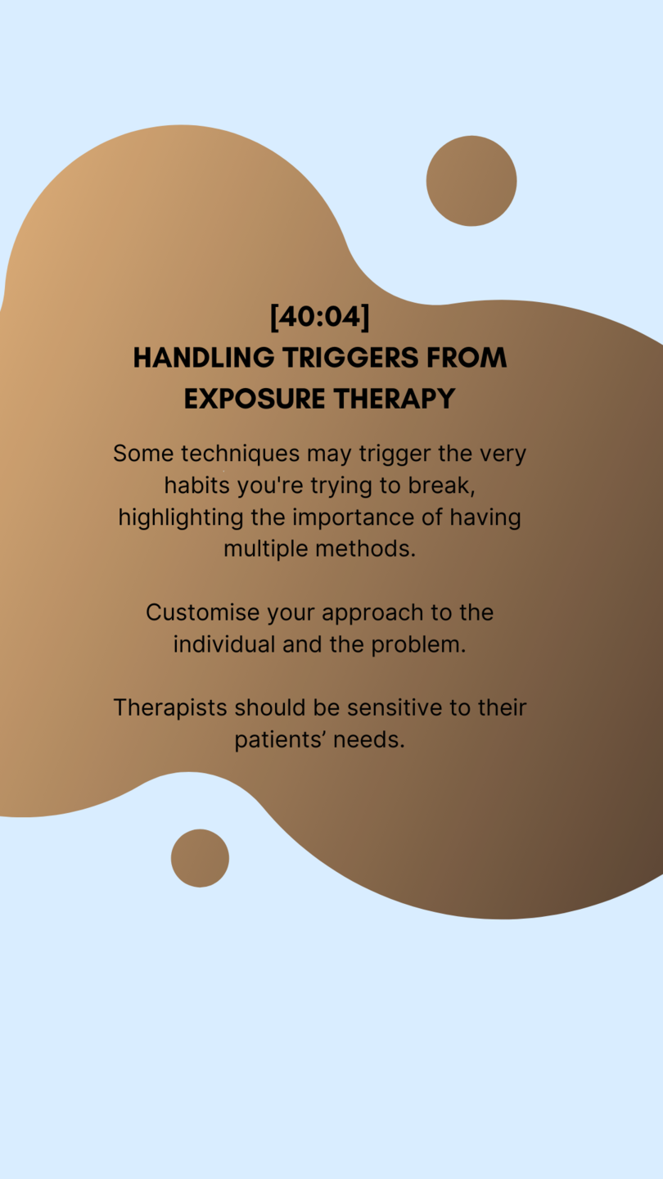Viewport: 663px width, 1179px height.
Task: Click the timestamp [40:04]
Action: point(320,317)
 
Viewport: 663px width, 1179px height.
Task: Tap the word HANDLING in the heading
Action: point(204,357)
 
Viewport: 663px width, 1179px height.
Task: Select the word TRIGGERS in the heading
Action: point(350,357)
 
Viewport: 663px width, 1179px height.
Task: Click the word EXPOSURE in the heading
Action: point(255,399)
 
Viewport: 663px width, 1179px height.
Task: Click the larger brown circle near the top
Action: point(471,181)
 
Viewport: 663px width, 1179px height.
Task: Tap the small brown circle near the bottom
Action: point(200,858)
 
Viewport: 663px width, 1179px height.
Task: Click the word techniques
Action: point(241,454)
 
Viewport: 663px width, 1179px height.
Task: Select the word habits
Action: point(196,486)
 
